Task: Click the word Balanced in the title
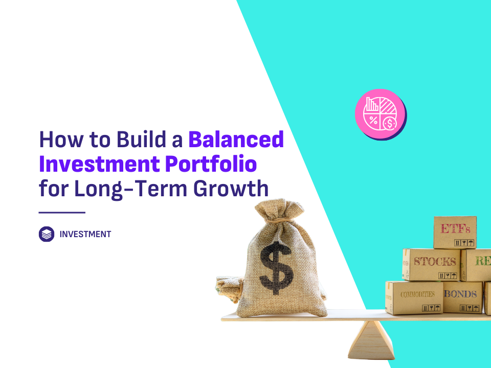(x=236, y=140)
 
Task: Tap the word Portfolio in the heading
(x=211, y=164)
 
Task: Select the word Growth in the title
(x=231, y=189)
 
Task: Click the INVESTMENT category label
(x=85, y=234)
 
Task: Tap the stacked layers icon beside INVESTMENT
(x=47, y=234)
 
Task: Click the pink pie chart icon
(x=381, y=114)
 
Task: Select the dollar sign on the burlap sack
(x=276, y=268)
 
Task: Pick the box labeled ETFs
(x=455, y=232)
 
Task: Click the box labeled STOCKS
(x=432, y=264)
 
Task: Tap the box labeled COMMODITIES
(x=414, y=297)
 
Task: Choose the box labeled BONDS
(x=462, y=297)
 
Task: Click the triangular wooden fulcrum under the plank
(x=371, y=340)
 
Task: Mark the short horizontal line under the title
(x=62, y=213)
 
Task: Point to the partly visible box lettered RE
(x=476, y=265)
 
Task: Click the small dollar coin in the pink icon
(x=390, y=123)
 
